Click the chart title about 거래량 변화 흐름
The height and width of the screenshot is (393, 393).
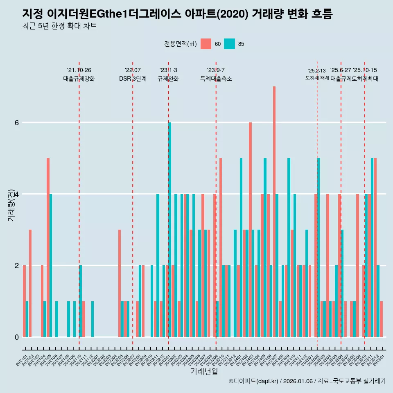(x=177, y=14)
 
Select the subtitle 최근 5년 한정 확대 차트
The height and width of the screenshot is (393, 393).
(x=59, y=27)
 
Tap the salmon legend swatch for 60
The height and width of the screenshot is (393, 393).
(x=206, y=44)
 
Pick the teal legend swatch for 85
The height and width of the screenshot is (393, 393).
(x=230, y=44)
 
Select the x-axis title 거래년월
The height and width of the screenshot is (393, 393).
(x=204, y=371)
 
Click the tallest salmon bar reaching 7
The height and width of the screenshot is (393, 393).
(x=274, y=212)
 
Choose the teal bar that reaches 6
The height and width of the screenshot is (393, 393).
(x=169, y=229)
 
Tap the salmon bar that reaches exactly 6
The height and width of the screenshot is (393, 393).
(x=250, y=229)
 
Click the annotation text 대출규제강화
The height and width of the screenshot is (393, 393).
(x=79, y=79)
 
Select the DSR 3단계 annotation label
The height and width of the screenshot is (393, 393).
(x=133, y=79)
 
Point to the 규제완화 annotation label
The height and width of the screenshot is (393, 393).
(x=168, y=79)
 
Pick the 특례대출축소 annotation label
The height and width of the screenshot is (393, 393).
(x=216, y=79)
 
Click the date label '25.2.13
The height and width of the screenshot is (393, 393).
(x=317, y=71)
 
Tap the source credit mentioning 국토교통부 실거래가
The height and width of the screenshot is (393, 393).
(x=307, y=381)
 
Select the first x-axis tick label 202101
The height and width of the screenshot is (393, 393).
(x=22, y=357)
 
